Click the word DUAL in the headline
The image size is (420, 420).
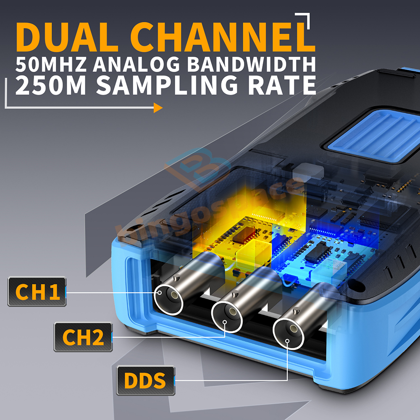(x=67, y=37)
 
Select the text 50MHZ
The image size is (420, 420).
(x=51, y=64)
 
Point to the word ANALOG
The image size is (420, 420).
(x=136, y=64)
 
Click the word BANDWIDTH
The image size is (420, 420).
(x=252, y=64)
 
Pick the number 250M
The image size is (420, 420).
(x=51, y=85)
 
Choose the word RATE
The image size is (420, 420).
(x=282, y=85)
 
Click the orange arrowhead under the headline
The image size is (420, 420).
(x=158, y=108)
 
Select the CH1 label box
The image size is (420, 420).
(x=37, y=292)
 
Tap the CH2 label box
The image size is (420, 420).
(x=83, y=337)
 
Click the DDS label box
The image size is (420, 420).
(x=146, y=381)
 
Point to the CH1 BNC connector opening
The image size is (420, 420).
(x=168, y=300)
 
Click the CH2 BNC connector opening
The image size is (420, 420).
(x=227, y=318)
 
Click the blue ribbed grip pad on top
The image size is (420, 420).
(x=375, y=135)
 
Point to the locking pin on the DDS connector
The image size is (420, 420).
(x=296, y=311)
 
